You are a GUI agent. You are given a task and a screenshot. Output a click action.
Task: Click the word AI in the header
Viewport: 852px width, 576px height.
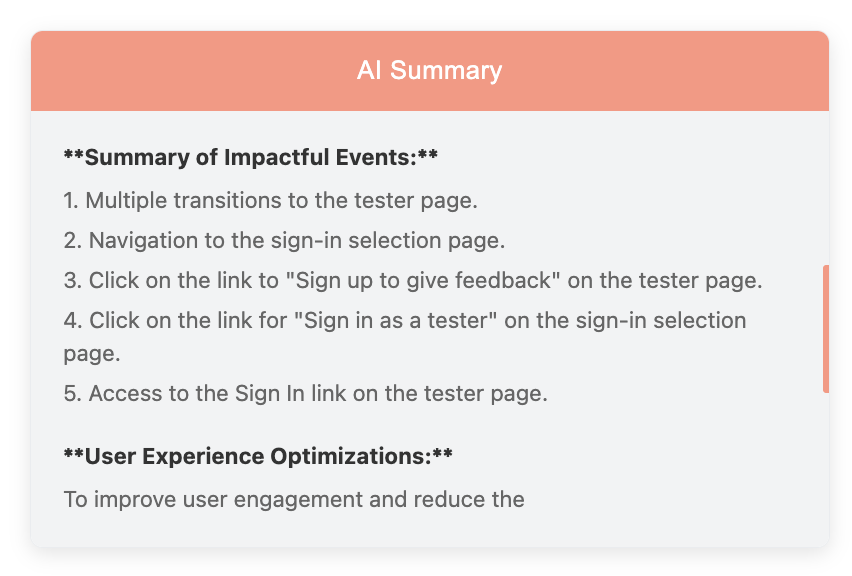point(368,70)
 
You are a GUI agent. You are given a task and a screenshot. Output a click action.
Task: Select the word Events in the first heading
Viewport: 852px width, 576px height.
point(375,158)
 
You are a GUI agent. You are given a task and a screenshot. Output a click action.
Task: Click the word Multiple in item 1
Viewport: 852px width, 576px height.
point(126,201)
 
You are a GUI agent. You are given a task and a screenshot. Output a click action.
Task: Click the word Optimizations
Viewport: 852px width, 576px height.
point(349,456)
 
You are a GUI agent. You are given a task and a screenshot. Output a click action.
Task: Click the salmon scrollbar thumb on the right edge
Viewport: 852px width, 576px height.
point(825,329)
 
